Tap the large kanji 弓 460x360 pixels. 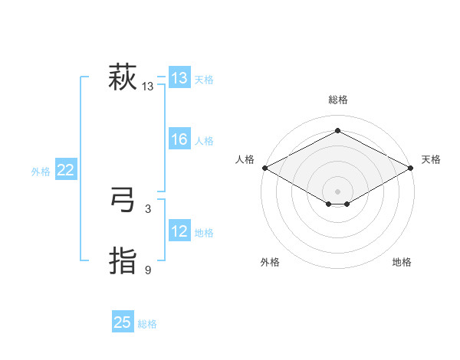coord(122,201)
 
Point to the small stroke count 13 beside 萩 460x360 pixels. coord(148,87)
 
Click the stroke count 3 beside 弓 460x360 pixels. coord(148,208)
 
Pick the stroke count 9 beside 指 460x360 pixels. coord(148,270)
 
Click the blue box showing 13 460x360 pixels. coord(179,78)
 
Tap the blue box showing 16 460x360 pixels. coord(179,139)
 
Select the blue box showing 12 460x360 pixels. coord(179,231)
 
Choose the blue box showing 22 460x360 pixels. coord(66,170)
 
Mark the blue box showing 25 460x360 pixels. coord(123,322)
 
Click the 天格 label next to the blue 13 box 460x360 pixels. coord(204,79)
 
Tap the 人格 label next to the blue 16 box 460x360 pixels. coord(204,140)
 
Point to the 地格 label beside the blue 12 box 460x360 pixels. coord(204,232)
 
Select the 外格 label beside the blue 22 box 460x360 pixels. coord(41,172)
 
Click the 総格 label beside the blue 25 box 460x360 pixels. coord(147,324)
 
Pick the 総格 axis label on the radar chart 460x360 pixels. coord(337,100)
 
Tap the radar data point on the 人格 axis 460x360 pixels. coord(264,167)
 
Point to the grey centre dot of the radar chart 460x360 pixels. coord(337,191)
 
